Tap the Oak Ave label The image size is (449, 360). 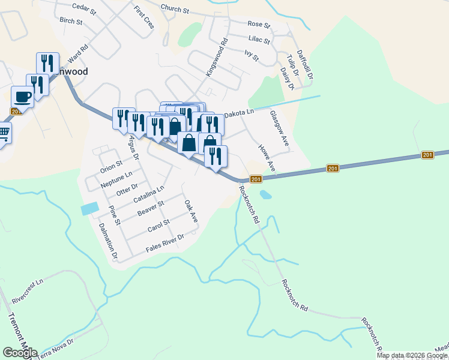(x=191, y=212)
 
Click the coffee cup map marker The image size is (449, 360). (x=23, y=96)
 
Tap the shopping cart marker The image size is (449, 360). (x=3, y=132)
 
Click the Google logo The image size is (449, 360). (x=20, y=353)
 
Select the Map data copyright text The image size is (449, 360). (x=412, y=355)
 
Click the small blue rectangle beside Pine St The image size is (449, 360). (x=88, y=209)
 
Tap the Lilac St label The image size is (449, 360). (x=259, y=40)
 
